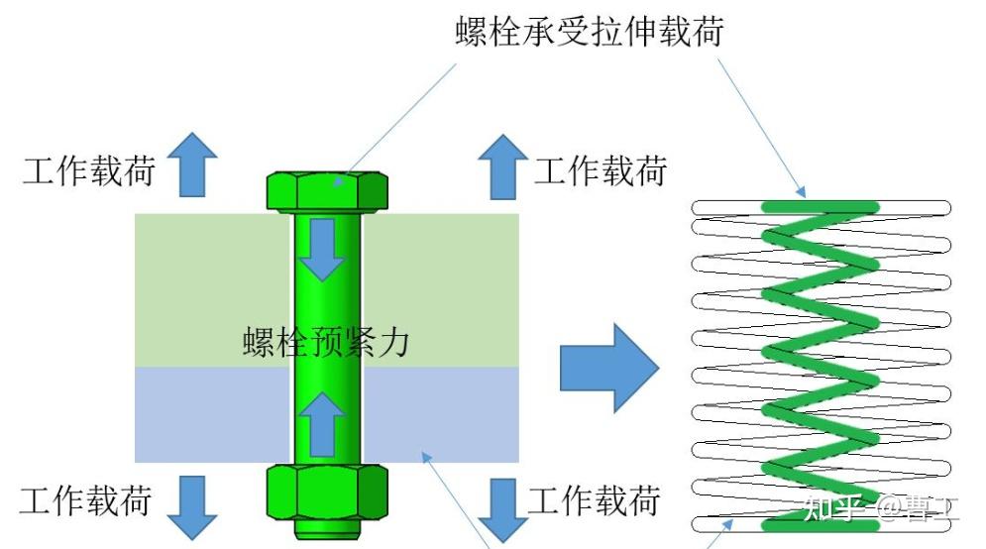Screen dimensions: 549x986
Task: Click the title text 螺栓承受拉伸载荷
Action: tap(589, 32)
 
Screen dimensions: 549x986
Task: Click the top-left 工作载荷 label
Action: tap(89, 170)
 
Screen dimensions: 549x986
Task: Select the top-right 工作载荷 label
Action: tap(601, 170)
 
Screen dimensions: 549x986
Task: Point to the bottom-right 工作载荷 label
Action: tap(594, 500)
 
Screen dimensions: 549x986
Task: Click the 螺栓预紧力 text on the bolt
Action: tap(326, 343)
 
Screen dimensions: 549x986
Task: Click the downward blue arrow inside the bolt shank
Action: tap(322, 249)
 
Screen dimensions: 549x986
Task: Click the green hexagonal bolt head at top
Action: tap(327, 189)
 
